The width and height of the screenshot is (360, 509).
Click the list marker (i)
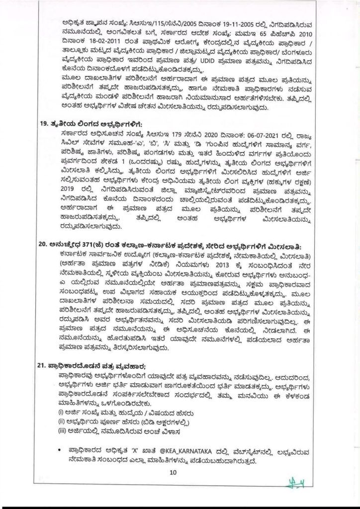click(x=61, y=413)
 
